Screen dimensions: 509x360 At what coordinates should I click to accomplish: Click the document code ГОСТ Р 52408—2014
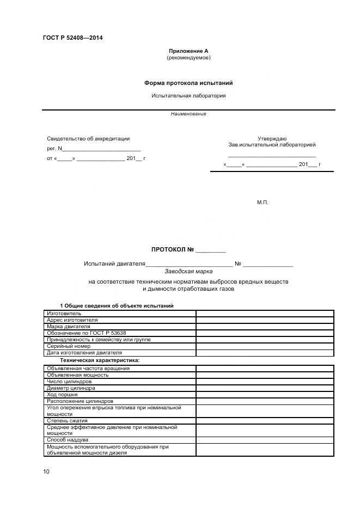pyautogui.click(x=72, y=38)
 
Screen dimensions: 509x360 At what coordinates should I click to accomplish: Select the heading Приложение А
pyautogui.click(x=188, y=51)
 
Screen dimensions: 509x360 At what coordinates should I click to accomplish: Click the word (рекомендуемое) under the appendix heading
pyautogui.click(x=188, y=57)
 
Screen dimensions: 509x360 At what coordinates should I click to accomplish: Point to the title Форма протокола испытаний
pyautogui.click(x=188, y=83)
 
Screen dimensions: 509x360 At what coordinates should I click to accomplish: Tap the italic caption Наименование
pyautogui.click(x=188, y=114)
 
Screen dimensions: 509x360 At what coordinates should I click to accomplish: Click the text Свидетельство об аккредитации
pyautogui.click(x=88, y=139)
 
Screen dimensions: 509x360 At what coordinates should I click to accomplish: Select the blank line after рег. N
pyautogui.click(x=102, y=149)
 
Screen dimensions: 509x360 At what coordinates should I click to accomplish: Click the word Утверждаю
pyautogui.click(x=272, y=139)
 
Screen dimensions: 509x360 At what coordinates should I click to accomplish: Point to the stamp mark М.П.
pyautogui.click(x=263, y=202)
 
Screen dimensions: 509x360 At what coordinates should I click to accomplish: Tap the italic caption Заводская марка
pyautogui.click(x=188, y=270)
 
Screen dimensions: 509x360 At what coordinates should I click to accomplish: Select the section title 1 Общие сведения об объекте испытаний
pyautogui.click(x=117, y=305)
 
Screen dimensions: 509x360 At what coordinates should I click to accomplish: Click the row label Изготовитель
pyautogui.click(x=64, y=313)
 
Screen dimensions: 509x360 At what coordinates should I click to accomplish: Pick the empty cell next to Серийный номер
pyautogui.click(x=265, y=346)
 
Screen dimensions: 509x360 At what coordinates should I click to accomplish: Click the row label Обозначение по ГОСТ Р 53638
pyautogui.click(x=87, y=333)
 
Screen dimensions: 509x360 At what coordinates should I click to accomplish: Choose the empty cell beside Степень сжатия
pyautogui.click(x=265, y=420)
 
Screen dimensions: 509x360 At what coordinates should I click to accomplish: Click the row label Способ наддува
pyautogui.click(x=68, y=439)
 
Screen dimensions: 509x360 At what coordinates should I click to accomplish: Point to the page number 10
pyautogui.click(x=46, y=471)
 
